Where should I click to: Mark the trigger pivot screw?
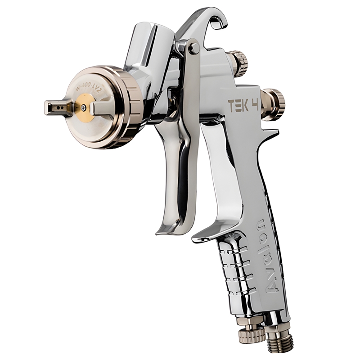coord(194,48)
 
